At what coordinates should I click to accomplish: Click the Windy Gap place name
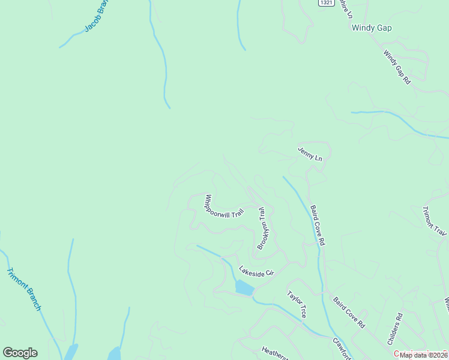[372, 28]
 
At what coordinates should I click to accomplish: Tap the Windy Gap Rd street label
[397, 67]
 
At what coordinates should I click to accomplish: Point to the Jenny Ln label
[310, 154]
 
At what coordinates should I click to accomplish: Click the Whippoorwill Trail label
[224, 205]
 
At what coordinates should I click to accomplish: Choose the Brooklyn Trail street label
[262, 229]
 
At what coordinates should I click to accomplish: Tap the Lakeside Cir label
[256, 271]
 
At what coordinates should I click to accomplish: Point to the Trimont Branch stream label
[24, 289]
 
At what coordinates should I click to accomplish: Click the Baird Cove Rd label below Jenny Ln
[317, 225]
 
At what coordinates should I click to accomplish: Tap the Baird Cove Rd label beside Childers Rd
[349, 312]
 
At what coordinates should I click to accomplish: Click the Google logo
[20, 353]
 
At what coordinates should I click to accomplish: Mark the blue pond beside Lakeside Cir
[244, 288]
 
